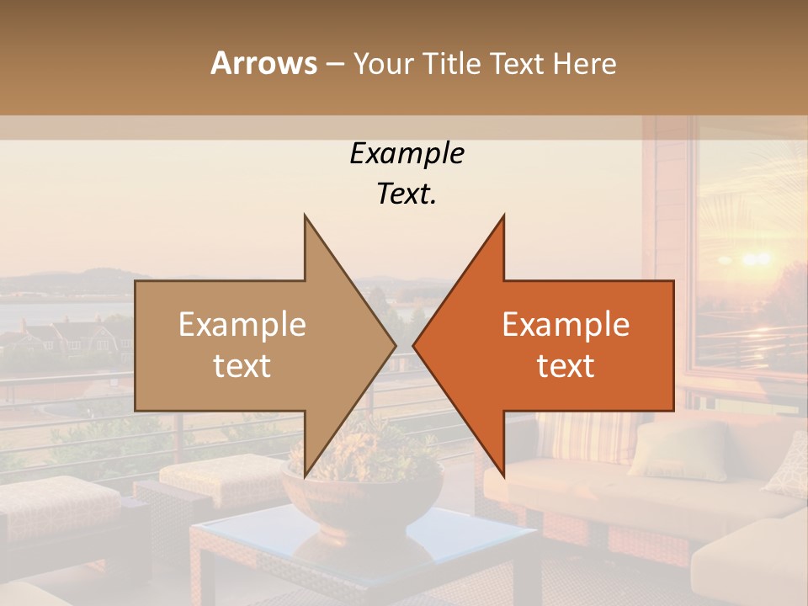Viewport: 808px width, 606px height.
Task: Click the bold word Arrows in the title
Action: tap(264, 63)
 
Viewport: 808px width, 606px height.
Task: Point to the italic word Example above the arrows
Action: tap(407, 153)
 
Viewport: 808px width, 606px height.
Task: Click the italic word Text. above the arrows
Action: tap(407, 194)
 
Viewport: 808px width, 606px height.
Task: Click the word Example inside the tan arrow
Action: tap(242, 325)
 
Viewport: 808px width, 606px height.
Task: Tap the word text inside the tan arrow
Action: tap(242, 366)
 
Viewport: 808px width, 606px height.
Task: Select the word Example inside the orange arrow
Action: tap(566, 325)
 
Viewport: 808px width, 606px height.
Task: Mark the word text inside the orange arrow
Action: tap(566, 366)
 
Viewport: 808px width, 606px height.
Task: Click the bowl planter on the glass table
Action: tap(362, 497)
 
